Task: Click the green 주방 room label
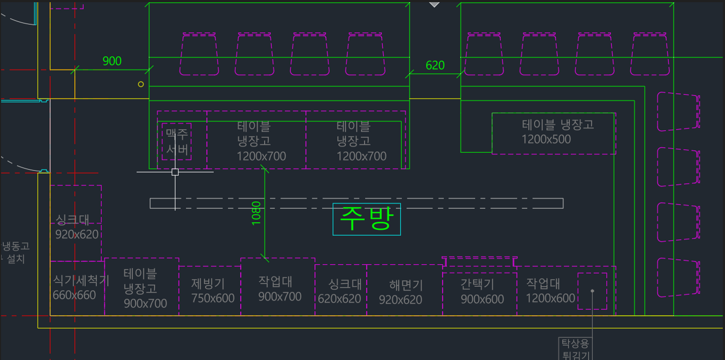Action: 366,219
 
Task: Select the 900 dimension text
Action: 112,61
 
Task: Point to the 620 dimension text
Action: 435,66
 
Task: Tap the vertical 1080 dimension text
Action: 256,213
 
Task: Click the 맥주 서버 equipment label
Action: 177,141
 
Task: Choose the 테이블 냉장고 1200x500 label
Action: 557,132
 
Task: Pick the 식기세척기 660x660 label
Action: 80,288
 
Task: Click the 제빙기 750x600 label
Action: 213,291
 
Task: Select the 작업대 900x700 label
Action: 279,289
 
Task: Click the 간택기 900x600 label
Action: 481,292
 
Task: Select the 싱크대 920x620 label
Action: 77,227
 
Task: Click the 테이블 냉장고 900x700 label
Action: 144,288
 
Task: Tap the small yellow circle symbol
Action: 141,84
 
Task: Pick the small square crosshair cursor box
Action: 175,172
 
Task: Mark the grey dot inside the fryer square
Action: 592,291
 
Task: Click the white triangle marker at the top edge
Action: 434,4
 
